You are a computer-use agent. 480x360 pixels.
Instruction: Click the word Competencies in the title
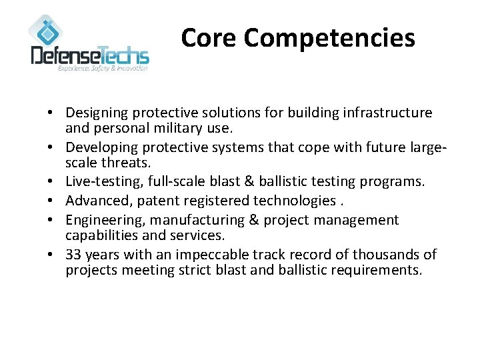coord(329,39)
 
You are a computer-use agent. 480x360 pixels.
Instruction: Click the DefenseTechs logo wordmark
coord(90,54)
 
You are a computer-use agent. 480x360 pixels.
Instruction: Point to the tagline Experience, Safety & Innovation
coord(103,68)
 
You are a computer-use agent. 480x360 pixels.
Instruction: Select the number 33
coord(74,254)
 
